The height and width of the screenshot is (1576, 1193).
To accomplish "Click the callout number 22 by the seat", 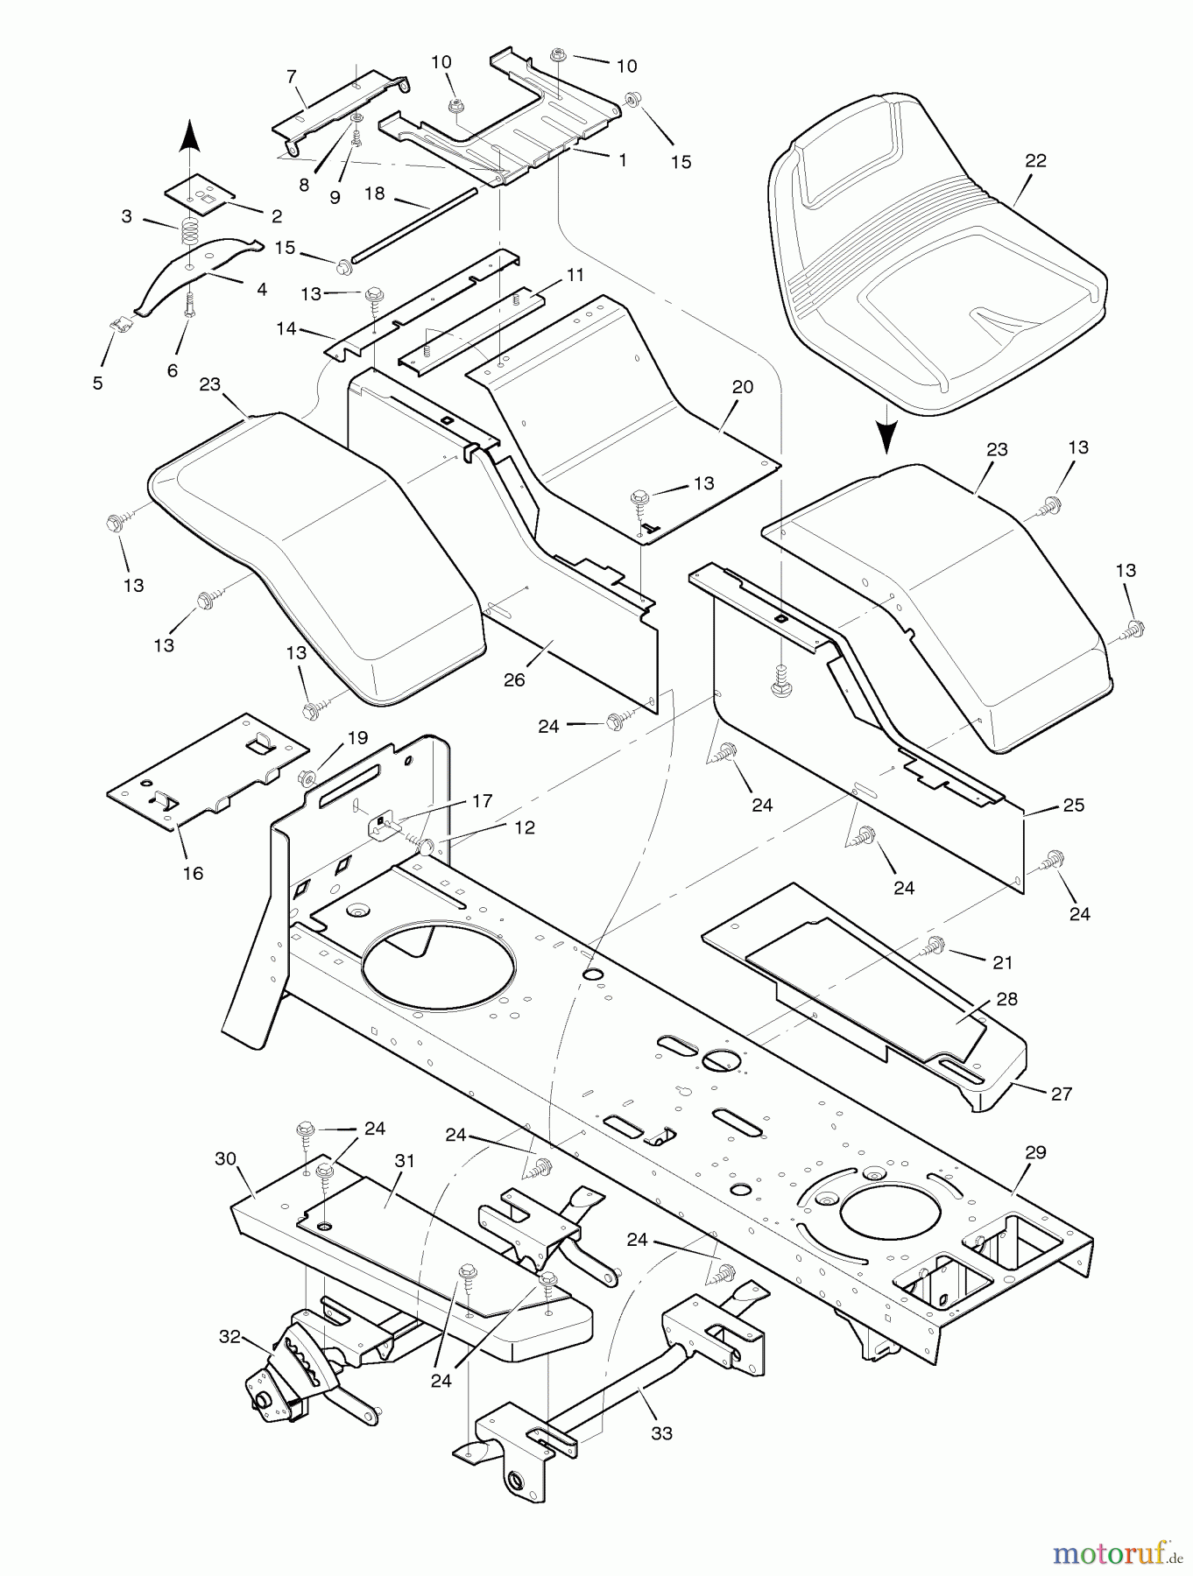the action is [x=1035, y=161].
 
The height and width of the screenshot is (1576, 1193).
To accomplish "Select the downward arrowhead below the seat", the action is [x=887, y=437].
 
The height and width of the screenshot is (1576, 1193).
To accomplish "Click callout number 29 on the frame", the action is [x=1035, y=1152].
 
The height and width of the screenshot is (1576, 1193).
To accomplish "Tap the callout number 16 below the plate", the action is [x=193, y=873].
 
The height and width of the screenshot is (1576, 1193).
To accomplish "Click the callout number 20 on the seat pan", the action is [x=743, y=387].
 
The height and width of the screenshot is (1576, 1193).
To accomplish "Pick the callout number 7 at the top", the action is [x=292, y=77].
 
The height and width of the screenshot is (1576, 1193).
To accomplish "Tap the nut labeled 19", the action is [x=307, y=775].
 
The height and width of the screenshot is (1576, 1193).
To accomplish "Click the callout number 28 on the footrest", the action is [x=1006, y=998].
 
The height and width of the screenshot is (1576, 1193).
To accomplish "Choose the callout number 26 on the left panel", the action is [x=514, y=679].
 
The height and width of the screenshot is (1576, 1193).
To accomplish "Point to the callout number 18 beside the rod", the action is [x=375, y=193].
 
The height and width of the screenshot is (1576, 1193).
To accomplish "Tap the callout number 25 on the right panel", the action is [x=1073, y=805].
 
